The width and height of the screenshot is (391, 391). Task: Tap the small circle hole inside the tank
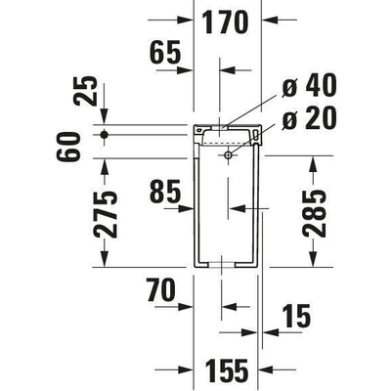[229, 154]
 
